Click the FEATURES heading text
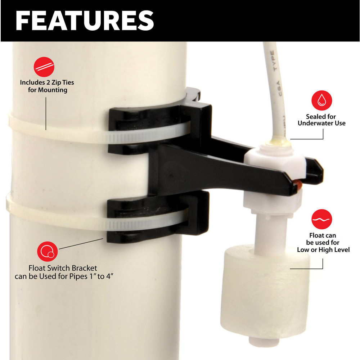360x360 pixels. tap(85, 20)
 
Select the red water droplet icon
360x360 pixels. tap(321, 101)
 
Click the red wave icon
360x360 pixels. tap(321, 219)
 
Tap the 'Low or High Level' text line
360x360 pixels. tap(323, 249)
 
